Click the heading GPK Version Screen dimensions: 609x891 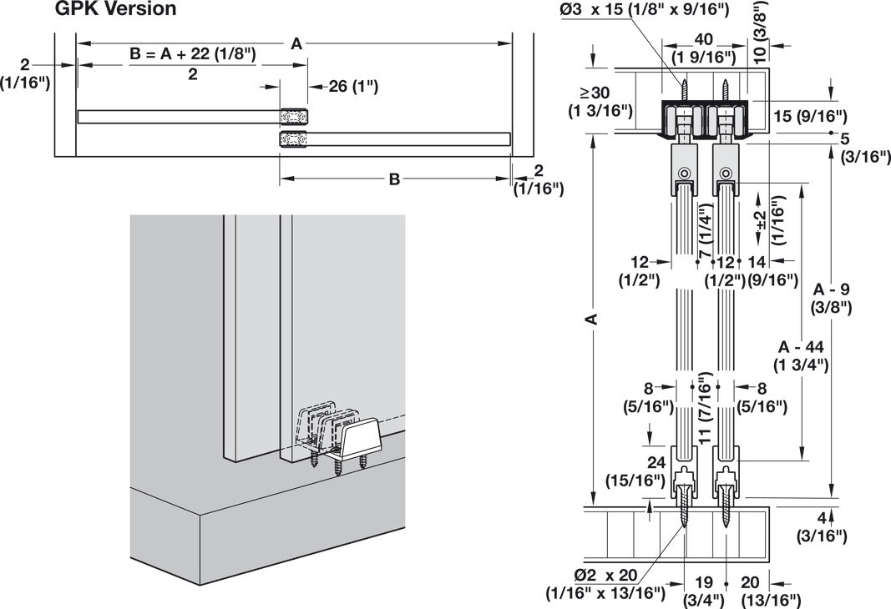coord(115,10)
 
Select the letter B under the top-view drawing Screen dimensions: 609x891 coord(394,179)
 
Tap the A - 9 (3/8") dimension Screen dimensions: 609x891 coord(831,298)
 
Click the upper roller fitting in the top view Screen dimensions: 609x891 coord(293,116)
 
